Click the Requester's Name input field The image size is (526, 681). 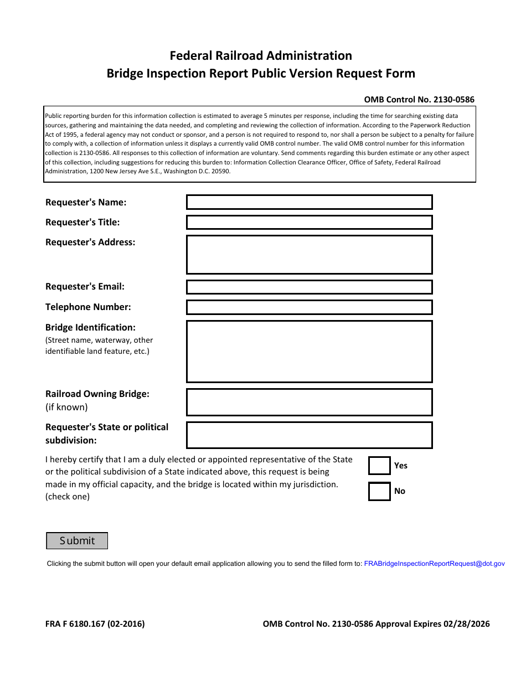coord(309,202)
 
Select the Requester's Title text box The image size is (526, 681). coord(309,223)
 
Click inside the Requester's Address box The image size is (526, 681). coord(309,255)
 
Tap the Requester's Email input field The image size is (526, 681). coord(309,287)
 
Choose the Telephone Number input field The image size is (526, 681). coord(309,307)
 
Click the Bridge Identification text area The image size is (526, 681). coord(309,352)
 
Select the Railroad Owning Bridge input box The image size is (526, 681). coord(309,402)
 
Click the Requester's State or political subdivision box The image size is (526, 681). coord(309,435)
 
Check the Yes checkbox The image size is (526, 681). coord(379,466)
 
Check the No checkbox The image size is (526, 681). coord(379,491)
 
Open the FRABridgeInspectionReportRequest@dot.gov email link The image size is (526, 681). coord(434,564)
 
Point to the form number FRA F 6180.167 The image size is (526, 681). coord(95,624)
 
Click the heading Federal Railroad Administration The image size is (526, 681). coord(261,55)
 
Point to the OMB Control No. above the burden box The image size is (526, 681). coord(419,100)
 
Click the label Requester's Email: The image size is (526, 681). coord(85,287)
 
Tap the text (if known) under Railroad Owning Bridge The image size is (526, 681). coord(66,407)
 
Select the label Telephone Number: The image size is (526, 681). coord(88,307)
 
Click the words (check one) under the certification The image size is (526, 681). coord(68,497)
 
